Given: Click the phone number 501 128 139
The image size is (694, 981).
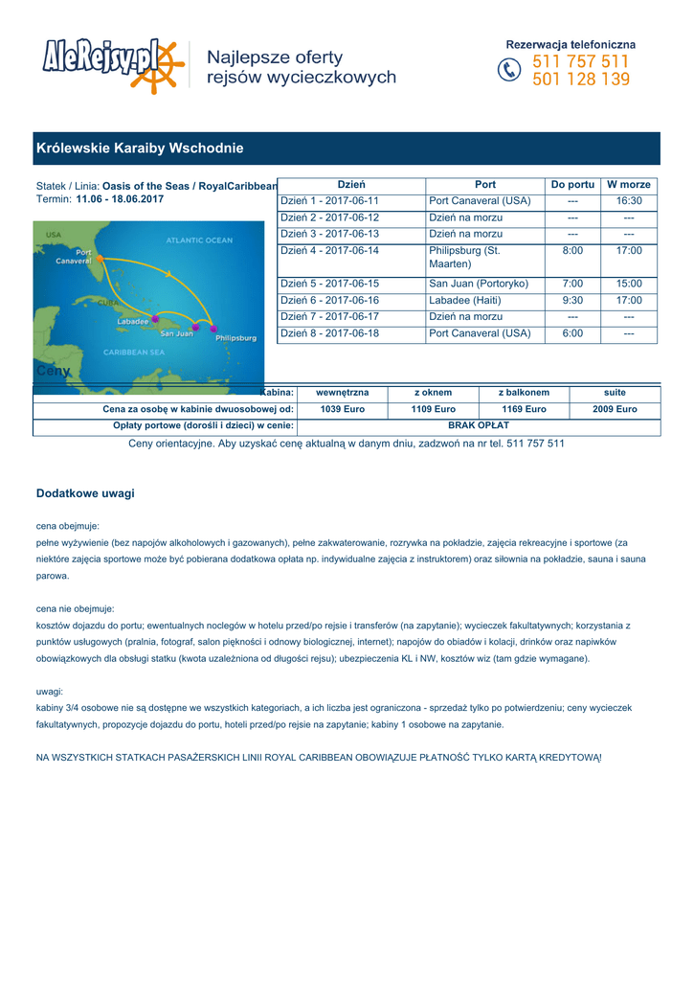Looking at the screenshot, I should pos(581,80).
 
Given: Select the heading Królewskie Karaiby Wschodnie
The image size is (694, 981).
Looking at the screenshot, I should pos(140,148).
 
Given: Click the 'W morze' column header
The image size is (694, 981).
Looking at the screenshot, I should pos(629,184).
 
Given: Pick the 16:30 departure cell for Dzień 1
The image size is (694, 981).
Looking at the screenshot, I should pos(629,201).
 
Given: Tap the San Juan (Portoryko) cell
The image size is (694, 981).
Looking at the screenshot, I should pos(479,285).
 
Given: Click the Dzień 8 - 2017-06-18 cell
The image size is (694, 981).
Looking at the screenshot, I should pos(329,334).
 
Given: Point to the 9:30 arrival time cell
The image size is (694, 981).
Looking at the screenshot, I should pos(573,301).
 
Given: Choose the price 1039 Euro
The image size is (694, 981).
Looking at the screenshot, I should pos(343,409).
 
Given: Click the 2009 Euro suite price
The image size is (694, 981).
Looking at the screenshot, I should pos(615,409).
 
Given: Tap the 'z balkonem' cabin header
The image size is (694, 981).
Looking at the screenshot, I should pos(524,393).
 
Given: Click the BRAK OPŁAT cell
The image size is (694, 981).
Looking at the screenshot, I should pos(479,425).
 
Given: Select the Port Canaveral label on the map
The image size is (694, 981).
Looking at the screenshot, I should pos(73,257).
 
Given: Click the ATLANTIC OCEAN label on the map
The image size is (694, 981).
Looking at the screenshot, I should pos(199,240).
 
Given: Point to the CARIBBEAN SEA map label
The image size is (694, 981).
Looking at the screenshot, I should pos(133,353).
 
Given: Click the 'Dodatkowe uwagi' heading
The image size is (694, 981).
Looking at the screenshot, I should pos(85,493).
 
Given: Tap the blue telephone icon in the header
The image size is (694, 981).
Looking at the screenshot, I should pos(510,71).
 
